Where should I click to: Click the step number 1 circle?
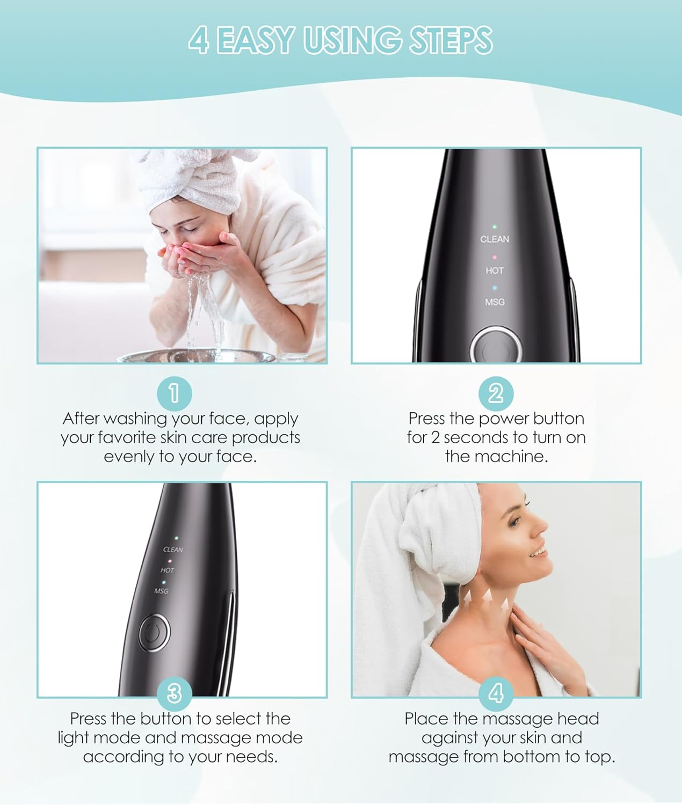pos(174,393)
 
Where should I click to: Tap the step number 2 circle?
pos(496,393)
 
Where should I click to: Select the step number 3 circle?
pos(174,693)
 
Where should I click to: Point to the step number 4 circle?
pos(496,693)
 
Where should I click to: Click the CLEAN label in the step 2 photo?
pos(495,239)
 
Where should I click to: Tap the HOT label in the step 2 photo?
pos(495,270)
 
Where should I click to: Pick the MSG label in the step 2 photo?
pos(495,302)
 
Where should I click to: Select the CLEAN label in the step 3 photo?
pos(173,550)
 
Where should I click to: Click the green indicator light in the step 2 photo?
pos(495,227)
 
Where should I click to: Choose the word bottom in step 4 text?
pos(534,757)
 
